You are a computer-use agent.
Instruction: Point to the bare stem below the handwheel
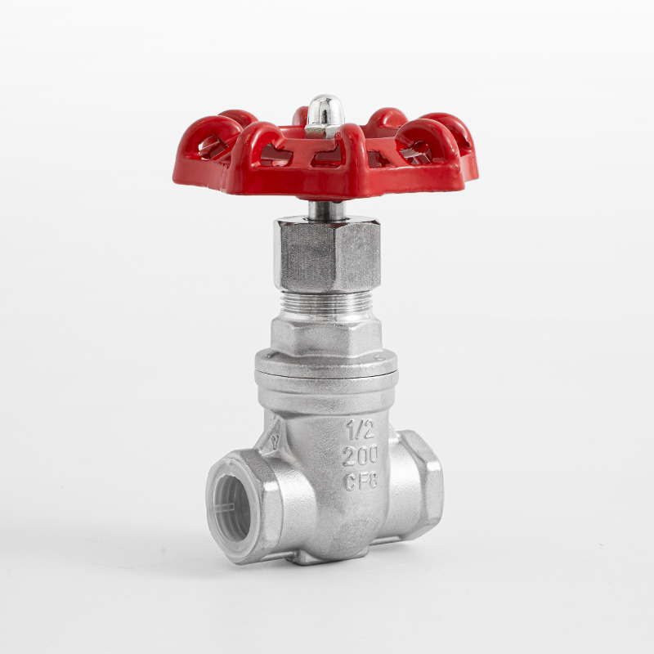(x=326, y=210)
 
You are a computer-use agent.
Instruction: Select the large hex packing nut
(x=328, y=254)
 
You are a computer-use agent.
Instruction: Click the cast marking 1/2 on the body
(x=360, y=430)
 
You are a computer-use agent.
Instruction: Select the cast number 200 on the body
(x=360, y=455)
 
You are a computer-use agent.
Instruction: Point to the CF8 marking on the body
(x=361, y=481)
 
